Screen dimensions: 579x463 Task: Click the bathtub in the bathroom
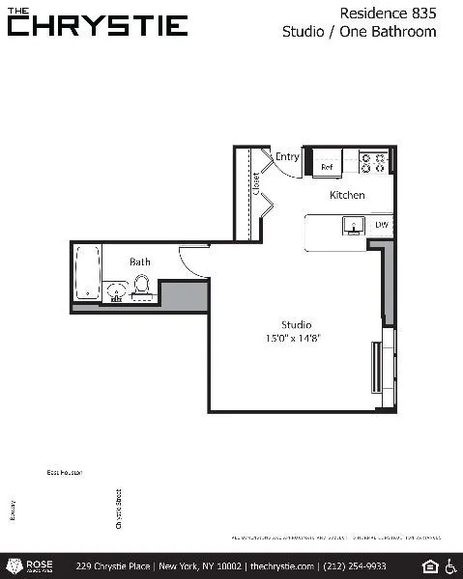tap(88, 272)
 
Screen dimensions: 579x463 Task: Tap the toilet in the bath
tap(141, 285)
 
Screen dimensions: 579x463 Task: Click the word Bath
tap(140, 262)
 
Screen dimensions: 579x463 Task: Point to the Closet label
tap(256, 185)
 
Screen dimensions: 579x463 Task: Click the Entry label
tap(287, 157)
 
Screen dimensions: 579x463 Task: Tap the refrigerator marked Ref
tap(327, 166)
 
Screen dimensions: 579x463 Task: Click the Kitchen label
tap(347, 195)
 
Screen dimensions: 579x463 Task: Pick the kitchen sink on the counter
tap(353, 225)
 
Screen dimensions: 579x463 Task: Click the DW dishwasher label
tap(381, 225)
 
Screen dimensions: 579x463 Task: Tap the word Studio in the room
tap(296, 324)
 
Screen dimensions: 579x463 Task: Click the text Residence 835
tap(389, 13)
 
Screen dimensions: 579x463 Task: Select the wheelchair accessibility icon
tap(450, 565)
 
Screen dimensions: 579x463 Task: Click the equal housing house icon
tap(430, 565)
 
